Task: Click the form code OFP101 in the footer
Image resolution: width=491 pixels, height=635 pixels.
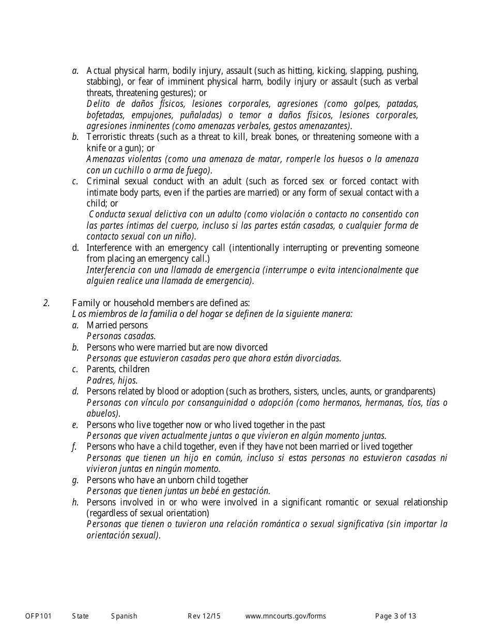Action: coord(38,616)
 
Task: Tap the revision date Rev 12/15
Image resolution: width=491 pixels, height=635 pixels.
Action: coord(204,616)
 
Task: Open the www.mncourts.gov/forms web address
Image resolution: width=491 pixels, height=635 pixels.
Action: coord(285,616)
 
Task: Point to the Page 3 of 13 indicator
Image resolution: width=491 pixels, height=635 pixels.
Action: coord(395,616)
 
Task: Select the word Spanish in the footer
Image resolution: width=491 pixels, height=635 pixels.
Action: coord(124,616)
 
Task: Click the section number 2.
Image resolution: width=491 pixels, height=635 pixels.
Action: coord(47,303)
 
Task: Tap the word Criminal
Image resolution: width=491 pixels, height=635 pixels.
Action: coord(103,181)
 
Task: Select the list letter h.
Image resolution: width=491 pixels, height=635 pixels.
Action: coord(75,502)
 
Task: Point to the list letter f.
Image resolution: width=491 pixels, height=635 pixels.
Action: coord(75,447)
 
